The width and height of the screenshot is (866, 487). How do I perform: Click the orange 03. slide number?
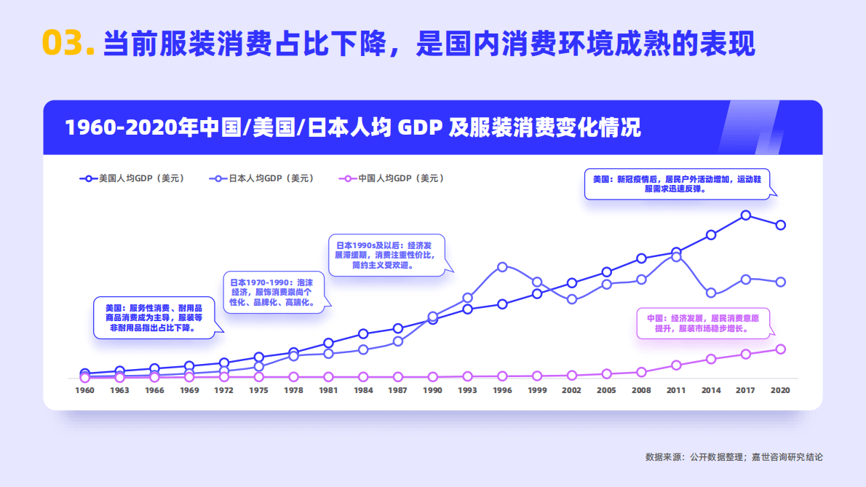(68, 43)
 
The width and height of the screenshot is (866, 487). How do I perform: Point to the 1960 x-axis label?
(85, 391)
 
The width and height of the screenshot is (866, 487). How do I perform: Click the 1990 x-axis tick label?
(433, 391)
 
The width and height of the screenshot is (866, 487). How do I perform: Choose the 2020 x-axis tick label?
(780, 391)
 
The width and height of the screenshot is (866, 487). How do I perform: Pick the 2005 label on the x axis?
(607, 391)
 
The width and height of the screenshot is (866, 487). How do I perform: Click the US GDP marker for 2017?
(746, 215)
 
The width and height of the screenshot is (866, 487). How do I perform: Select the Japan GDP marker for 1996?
(502, 267)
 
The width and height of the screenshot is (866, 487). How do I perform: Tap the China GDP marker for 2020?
(780, 349)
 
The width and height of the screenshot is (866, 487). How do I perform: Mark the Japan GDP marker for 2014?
(711, 293)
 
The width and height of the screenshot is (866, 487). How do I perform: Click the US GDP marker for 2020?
(780, 225)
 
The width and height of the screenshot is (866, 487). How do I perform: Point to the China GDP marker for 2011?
(676, 365)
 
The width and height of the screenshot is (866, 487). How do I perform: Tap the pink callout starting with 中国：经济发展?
(703, 324)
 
